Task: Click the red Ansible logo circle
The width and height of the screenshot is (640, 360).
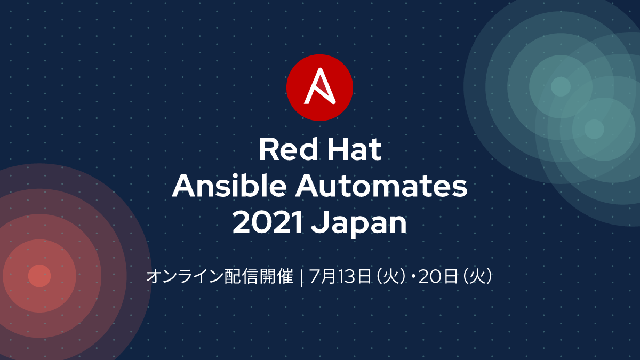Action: pos(319,87)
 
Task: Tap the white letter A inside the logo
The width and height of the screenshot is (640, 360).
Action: pos(319,86)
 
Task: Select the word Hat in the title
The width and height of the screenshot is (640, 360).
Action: pos(354,149)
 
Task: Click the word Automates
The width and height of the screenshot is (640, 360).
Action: pos(381,186)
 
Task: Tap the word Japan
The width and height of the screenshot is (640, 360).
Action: pos(359,225)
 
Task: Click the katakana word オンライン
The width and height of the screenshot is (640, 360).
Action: pos(185,276)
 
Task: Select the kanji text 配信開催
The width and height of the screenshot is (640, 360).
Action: pos(259,276)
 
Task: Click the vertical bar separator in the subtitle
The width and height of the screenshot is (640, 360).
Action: pos(301,277)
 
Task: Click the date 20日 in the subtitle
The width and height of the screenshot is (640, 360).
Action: pos(438,276)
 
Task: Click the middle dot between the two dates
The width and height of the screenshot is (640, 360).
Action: pos(413,277)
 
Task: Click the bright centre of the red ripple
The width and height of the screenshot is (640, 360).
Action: pos(39,276)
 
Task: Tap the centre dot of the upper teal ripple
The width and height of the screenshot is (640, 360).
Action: pos(561,86)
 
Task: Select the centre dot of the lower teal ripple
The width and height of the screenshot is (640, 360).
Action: pos(594,129)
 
